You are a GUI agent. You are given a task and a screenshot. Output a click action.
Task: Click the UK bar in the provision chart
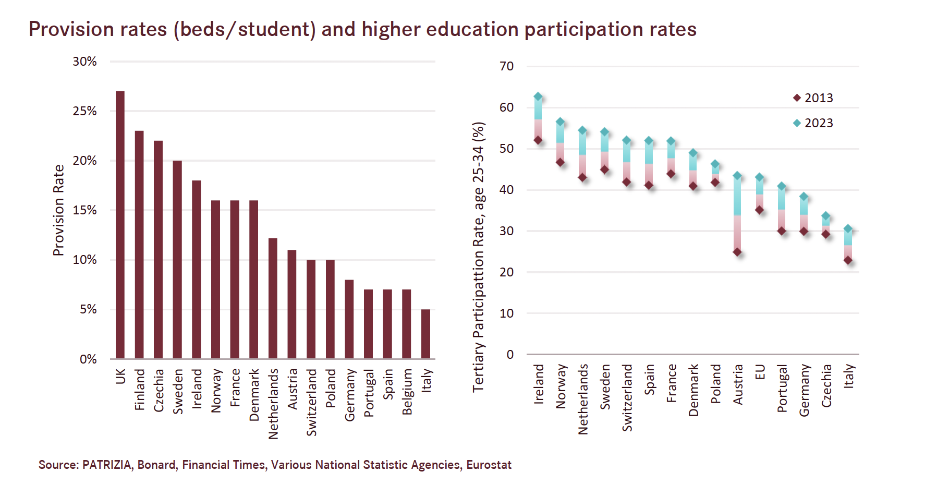pos(120,225)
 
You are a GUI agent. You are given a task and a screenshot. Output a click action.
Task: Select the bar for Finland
pos(139,245)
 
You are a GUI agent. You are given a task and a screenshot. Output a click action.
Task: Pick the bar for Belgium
pos(406,324)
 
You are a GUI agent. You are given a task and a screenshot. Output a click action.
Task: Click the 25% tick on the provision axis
pos(85,111)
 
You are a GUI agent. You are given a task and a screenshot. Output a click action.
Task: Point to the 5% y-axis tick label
pos(88,309)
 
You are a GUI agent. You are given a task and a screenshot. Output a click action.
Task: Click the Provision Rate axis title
pos(58,210)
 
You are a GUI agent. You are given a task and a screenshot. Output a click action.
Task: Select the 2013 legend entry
pos(813,98)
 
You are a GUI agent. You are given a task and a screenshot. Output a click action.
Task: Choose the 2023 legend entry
pos(813,123)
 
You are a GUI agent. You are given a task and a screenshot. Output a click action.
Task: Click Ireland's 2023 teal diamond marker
pos(538,97)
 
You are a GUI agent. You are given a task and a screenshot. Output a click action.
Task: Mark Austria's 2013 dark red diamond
pos(737,252)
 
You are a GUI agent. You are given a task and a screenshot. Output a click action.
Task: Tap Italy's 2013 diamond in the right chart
pos(848,260)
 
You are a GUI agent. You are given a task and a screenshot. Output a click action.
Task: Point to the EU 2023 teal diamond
pos(760,177)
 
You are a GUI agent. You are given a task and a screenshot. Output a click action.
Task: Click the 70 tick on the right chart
pos(506,66)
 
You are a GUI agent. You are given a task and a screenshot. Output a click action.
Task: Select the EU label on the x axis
pos(760,372)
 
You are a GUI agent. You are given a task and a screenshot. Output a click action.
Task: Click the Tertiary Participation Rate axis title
pos(479,257)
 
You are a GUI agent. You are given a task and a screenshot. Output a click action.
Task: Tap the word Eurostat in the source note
pos(489,465)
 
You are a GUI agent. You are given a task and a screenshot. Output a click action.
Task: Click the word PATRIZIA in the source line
pos(107,465)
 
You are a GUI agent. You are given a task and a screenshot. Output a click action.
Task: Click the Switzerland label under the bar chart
pos(311,402)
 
